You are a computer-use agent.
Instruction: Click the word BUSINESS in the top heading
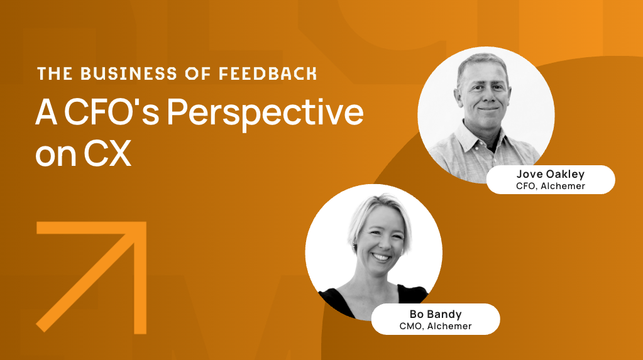[x=128, y=74]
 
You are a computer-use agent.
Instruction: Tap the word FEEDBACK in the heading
[x=267, y=74]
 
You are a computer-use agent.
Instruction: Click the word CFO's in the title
[x=111, y=112]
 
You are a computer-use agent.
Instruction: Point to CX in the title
[x=107, y=153]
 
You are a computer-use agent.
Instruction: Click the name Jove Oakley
[x=551, y=174]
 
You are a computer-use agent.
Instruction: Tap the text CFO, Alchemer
[x=551, y=186]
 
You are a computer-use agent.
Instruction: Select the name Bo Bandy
[x=436, y=314]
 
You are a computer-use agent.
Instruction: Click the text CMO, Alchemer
[x=436, y=326]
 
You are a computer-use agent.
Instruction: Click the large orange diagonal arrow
[x=91, y=277]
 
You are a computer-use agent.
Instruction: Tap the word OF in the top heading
[x=197, y=74]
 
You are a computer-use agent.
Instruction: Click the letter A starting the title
[x=46, y=112]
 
